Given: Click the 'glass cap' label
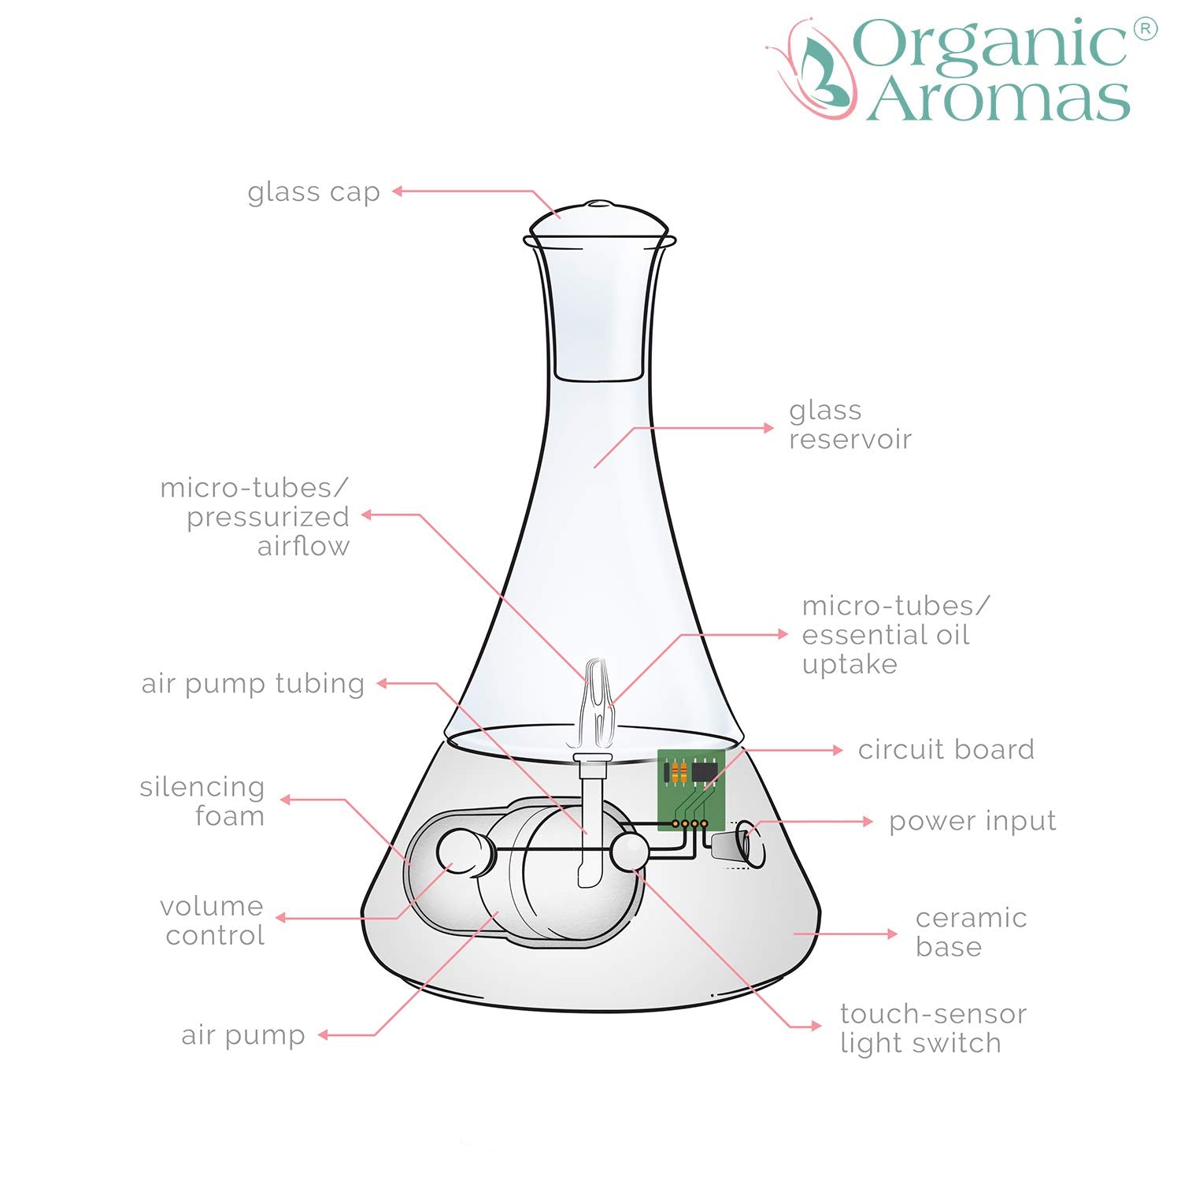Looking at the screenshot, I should [313, 192].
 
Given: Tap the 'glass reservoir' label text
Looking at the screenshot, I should [850, 425].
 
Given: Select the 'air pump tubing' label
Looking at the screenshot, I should [253, 684].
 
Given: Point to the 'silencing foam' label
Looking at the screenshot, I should [202, 801].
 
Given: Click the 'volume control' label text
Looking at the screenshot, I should [213, 920].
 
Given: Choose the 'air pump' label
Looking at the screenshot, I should [242, 1035].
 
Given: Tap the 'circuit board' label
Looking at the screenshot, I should [946, 750].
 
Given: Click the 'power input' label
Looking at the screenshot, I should [972, 822].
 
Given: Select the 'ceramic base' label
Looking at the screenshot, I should [971, 932].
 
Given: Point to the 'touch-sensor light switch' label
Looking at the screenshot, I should [933, 1028].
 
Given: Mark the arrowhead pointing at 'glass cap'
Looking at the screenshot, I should [398, 191].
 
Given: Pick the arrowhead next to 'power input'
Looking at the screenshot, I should [868, 821].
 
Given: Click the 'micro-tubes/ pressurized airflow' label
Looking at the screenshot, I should [254, 517].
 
